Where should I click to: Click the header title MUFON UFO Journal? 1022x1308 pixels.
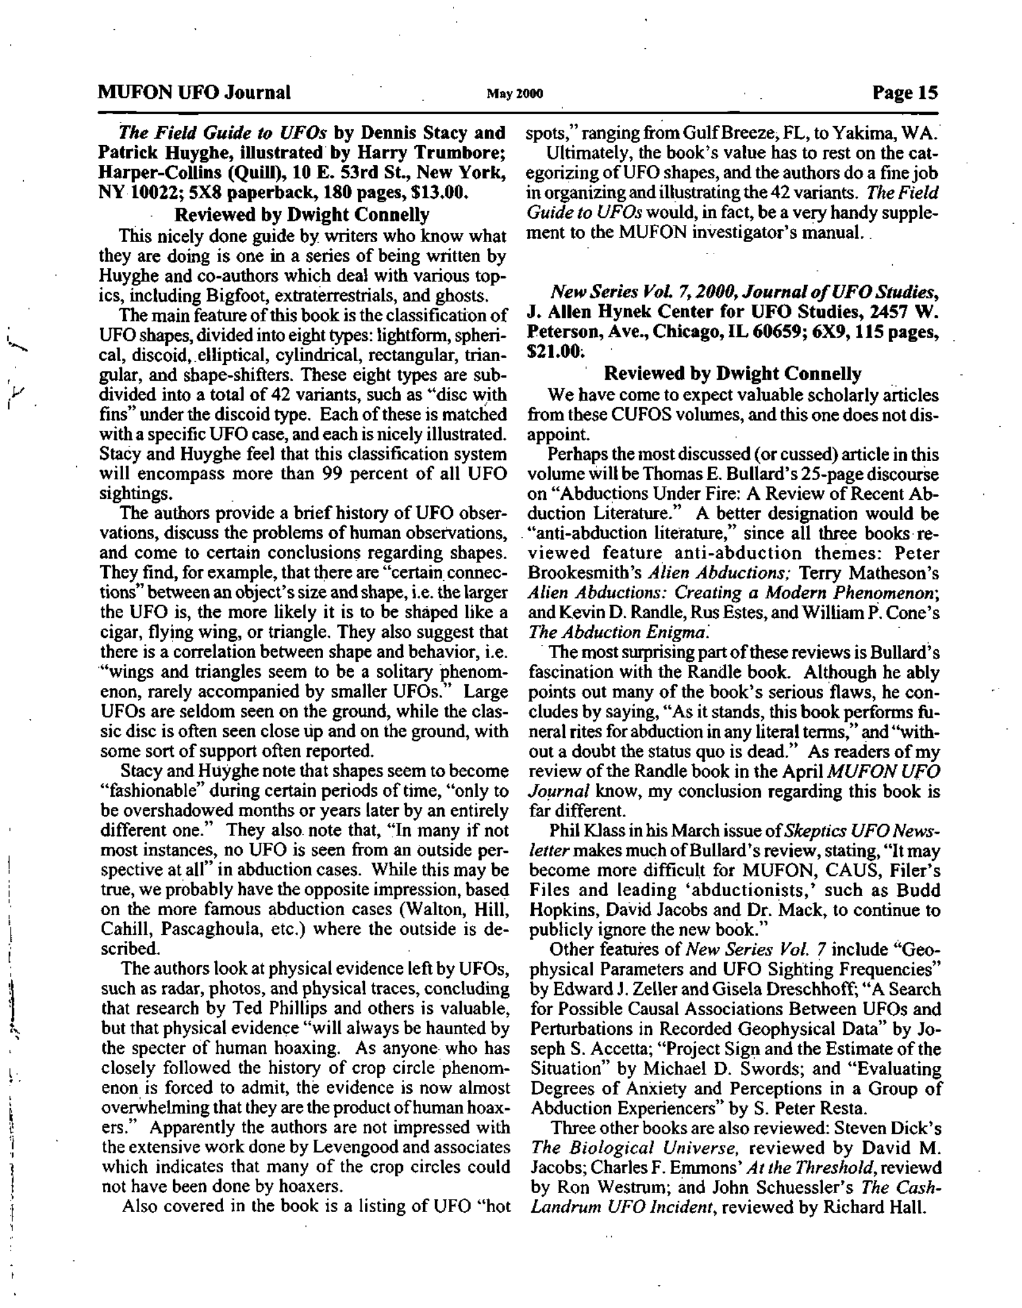point(194,93)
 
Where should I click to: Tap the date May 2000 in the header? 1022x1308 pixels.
point(515,94)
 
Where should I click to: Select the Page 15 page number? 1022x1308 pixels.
point(905,93)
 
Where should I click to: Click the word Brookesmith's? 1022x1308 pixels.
point(585,573)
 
